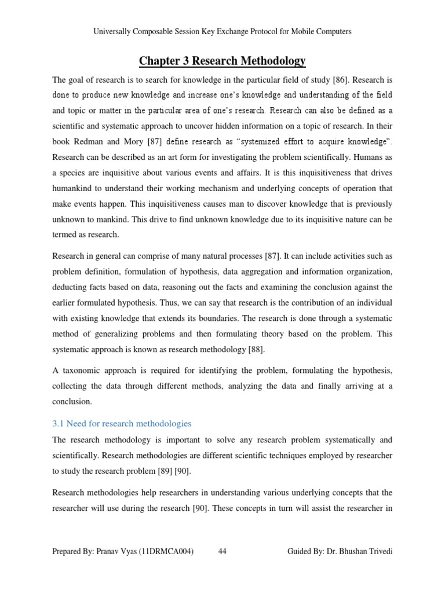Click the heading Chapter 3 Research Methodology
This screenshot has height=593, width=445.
point(222,61)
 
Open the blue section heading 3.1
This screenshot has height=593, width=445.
point(122,423)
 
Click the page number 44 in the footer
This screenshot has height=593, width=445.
point(222,552)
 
